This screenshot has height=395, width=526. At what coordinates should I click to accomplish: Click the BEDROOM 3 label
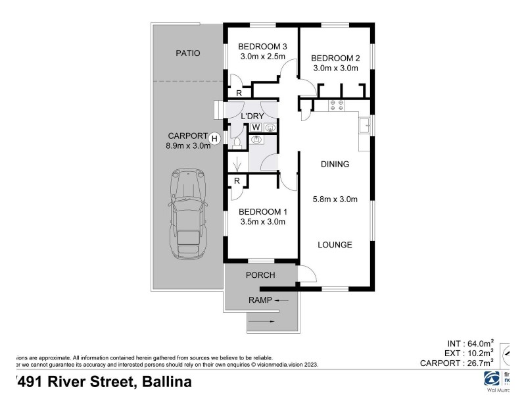(263, 46)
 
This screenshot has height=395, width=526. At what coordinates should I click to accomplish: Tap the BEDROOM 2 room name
(335, 57)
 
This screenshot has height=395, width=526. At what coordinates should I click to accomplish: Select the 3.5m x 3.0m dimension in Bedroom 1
(262, 222)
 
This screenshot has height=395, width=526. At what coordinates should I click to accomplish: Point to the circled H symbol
(214, 138)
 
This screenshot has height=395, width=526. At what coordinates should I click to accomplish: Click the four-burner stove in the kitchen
(337, 103)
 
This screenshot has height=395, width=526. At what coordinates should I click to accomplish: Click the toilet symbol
(237, 141)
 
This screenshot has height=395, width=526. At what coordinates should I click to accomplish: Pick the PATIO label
(187, 53)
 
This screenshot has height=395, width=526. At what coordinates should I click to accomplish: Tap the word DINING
(335, 165)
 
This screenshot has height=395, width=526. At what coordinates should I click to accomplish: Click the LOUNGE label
(335, 245)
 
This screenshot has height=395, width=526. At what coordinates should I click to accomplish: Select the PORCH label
(260, 275)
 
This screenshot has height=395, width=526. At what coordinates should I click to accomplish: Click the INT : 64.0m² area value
(469, 343)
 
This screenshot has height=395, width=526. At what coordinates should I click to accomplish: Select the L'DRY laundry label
(252, 116)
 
